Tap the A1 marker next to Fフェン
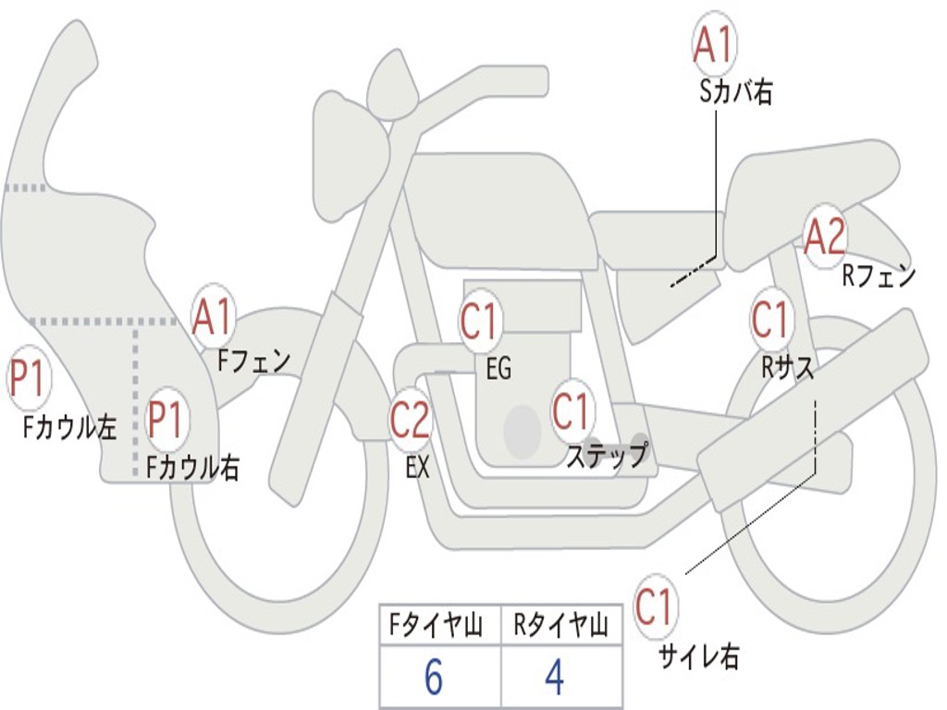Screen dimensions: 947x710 [213, 317]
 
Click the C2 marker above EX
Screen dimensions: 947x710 [410, 420]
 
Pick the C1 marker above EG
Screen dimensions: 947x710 [479, 322]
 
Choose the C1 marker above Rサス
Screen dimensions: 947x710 [770, 320]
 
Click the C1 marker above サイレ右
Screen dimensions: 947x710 [654, 606]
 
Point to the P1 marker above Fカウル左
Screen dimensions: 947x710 [29, 378]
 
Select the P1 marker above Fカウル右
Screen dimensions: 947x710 [166, 419]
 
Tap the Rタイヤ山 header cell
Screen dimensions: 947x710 [561, 625]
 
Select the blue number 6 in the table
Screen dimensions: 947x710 [434, 677]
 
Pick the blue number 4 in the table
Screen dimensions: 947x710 [555, 677]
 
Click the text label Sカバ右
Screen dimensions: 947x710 [735, 92]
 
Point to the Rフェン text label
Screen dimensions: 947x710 [879, 275]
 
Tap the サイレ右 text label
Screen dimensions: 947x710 [699, 656]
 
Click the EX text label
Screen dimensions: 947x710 [417, 466]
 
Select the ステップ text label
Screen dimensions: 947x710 [608, 455]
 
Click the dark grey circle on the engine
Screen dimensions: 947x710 [523, 432]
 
